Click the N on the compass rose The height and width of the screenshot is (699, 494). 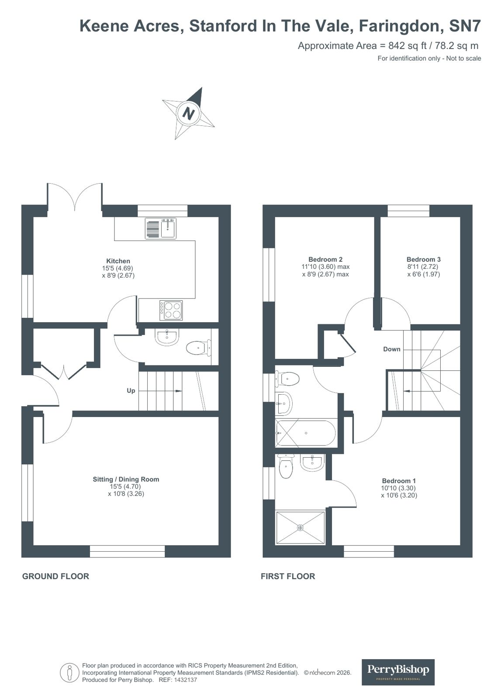pyautogui.click(x=188, y=114)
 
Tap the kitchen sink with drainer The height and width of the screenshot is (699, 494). pyautogui.click(x=161, y=229)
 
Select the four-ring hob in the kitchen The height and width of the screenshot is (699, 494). pyautogui.click(x=171, y=310)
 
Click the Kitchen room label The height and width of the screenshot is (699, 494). pyautogui.click(x=118, y=261)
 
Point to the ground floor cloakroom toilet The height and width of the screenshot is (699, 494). pyautogui.click(x=197, y=348)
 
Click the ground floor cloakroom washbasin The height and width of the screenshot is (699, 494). pyautogui.click(x=167, y=337)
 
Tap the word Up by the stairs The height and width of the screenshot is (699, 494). pyautogui.click(x=131, y=390)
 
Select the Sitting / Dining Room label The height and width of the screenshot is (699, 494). pyautogui.click(x=126, y=479)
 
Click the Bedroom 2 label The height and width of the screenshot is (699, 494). pyautogui.click(x=325, y=259)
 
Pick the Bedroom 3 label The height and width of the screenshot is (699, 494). pyautogui.click(x=423, y=259)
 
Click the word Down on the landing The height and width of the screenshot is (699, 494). pyautogui.click(x=392, y=349)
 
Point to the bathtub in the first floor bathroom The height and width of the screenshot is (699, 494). pyautogui.click(x=306, y=433)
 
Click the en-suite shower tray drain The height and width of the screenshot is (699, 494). pyautogui.click(x=300, y=528)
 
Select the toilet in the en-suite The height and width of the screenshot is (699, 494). pyautogui.click(x=286, y=467)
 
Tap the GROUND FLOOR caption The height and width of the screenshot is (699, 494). pyautogui.click(x=55, y=576)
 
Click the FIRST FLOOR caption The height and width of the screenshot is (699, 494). pyautogui.click(x=288, y=576)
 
